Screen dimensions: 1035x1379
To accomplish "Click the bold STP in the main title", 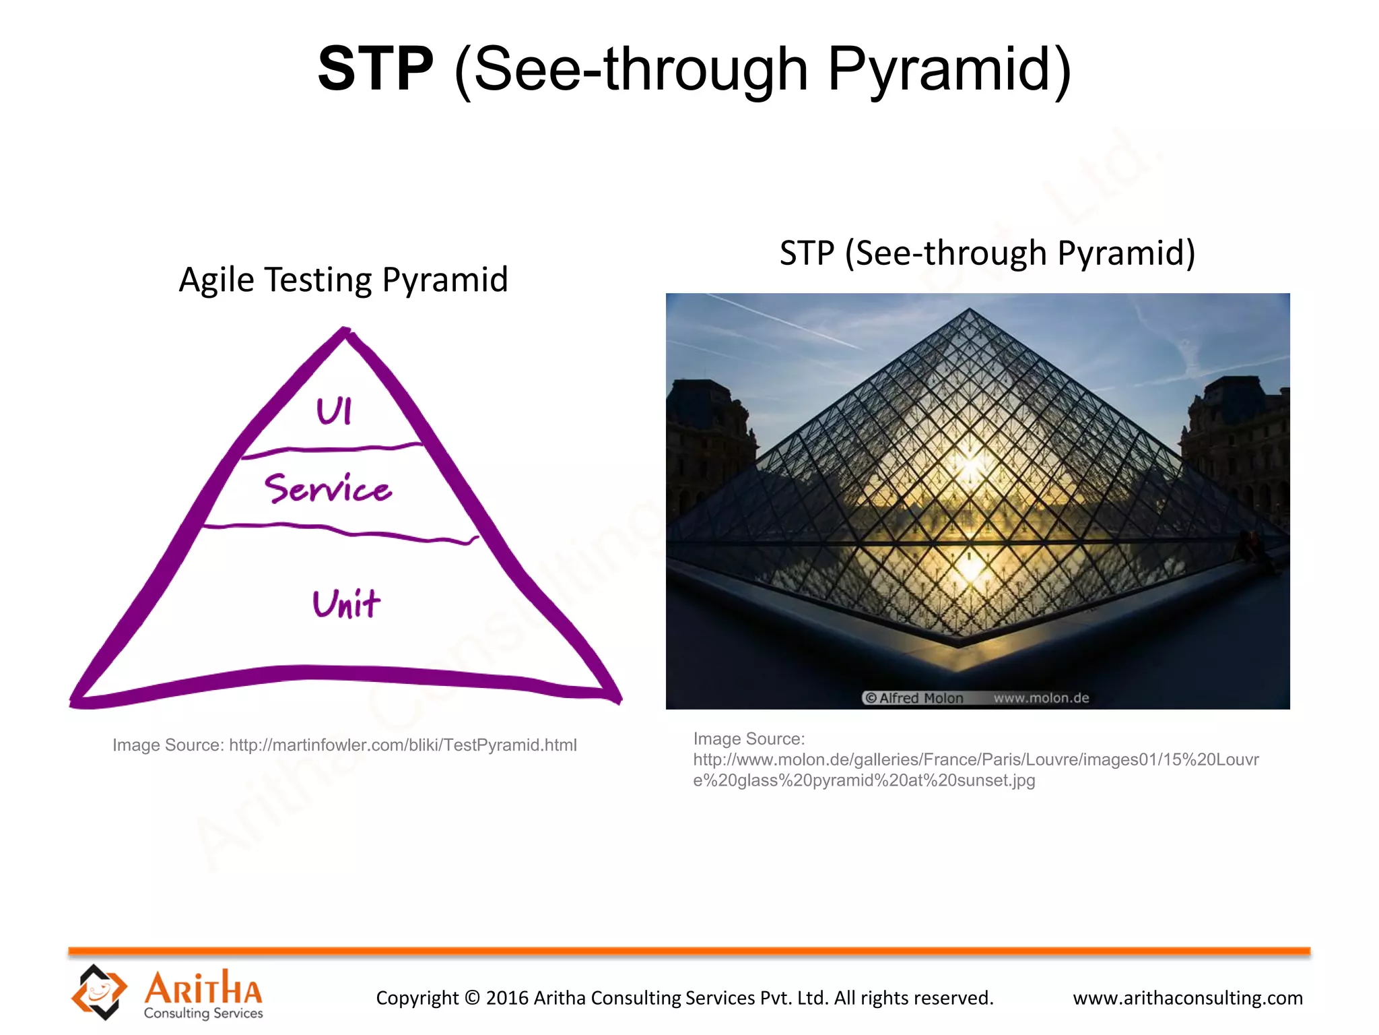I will point(375,69).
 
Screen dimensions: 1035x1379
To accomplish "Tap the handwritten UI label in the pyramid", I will point(334,410).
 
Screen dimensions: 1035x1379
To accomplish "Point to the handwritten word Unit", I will point(346,603).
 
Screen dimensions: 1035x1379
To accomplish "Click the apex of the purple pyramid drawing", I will point(345,332).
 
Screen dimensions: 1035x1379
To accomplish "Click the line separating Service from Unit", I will point(340,532).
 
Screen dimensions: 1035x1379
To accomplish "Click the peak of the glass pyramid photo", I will point(969,311).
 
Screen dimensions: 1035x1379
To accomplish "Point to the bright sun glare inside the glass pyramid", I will point(970,465).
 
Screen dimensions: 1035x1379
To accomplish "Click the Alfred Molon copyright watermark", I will point(914,698).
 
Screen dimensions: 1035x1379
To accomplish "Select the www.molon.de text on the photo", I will point(1041,698).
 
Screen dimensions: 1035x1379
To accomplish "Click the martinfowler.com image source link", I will point(403,745).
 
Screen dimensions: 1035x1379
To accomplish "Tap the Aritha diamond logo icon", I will point(99,991).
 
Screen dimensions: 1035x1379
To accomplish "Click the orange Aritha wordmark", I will point(203,989).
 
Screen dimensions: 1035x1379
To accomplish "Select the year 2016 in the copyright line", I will point(507,998).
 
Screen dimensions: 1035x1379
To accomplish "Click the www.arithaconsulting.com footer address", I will point(1187,998).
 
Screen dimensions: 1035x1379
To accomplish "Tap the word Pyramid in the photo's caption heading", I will point(1125,253).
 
